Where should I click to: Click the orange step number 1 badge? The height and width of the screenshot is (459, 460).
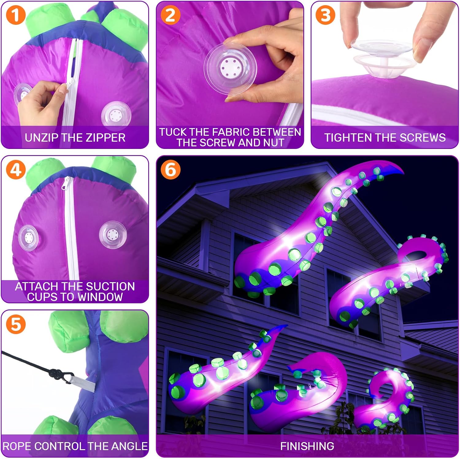16,15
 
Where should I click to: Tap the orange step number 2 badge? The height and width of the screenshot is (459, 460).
171,15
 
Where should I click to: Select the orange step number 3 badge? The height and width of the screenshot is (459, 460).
325,15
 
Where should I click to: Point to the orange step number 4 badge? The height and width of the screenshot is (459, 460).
16,170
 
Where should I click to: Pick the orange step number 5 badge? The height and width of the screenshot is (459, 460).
16,324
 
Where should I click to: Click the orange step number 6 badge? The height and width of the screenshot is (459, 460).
171,170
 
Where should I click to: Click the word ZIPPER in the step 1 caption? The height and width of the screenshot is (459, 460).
105,138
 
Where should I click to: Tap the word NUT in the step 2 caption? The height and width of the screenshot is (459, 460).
274,142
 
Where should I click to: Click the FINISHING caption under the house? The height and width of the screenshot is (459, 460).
307,446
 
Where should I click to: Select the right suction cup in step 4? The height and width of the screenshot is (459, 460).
113,235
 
